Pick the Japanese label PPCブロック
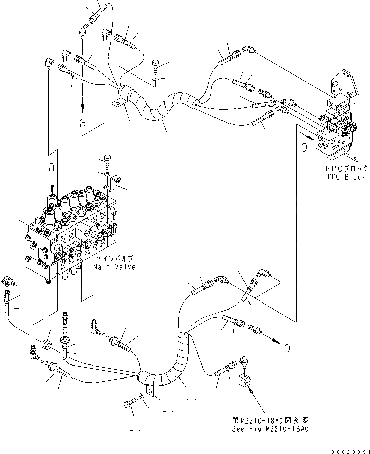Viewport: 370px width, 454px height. (346, 169)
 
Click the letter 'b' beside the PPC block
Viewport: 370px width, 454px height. (304, 146)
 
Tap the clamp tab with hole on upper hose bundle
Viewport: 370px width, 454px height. (117, 104)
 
